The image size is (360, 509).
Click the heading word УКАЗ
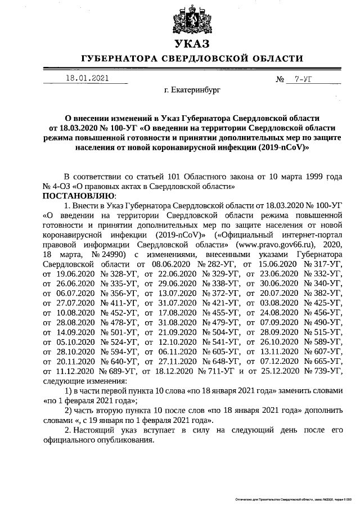(191, 44)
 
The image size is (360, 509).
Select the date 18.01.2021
(87, 78)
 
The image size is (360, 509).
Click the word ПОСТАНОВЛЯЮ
(78, 195)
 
